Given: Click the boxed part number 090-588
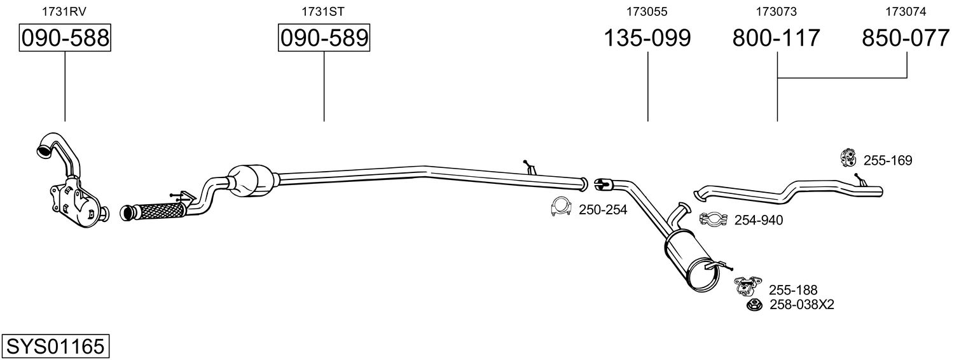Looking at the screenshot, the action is (x=65, y=38).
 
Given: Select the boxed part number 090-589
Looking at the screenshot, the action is (x=324, y=38).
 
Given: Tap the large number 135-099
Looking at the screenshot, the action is (x=647, y=38).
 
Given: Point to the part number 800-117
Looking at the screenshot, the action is (x=776, y=38).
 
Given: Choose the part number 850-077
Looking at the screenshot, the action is (x=906, y=38).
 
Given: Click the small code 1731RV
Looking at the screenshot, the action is (x=64, y=11).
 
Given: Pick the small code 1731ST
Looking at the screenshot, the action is (x=323, y=11).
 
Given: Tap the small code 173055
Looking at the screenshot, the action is (x=647, y=11).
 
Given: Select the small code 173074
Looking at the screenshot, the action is (x=906, y=11).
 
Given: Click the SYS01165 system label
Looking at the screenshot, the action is (x=55, y=347).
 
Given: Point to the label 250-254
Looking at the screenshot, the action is (x=603, y=210).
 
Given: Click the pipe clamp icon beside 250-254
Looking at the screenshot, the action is (x=561, y=207).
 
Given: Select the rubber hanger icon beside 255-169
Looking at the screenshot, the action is (x=848, y=158).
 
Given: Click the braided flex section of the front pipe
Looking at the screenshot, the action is (x=161, y=211).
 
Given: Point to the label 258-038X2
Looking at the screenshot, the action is (x=802, y=305).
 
